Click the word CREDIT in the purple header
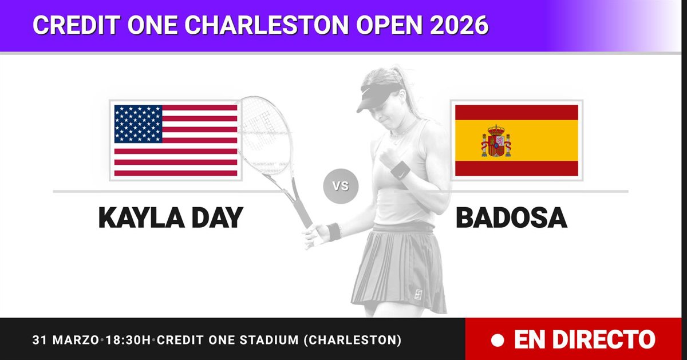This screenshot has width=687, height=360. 77,25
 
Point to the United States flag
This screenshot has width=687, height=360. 176,140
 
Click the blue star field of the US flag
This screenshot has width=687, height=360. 139,124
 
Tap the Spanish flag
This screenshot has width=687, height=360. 516,140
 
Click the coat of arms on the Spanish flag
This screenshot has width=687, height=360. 496,141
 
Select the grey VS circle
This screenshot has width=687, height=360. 341,186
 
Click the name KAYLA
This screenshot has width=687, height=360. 141,217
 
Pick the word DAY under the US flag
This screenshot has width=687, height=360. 218,217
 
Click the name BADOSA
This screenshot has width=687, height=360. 511,217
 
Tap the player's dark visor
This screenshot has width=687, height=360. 377,97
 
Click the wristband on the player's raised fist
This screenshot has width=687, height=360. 401,171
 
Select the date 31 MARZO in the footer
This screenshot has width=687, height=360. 65,340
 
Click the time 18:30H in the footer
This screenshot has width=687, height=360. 128,340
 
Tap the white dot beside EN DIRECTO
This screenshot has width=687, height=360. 497,340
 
